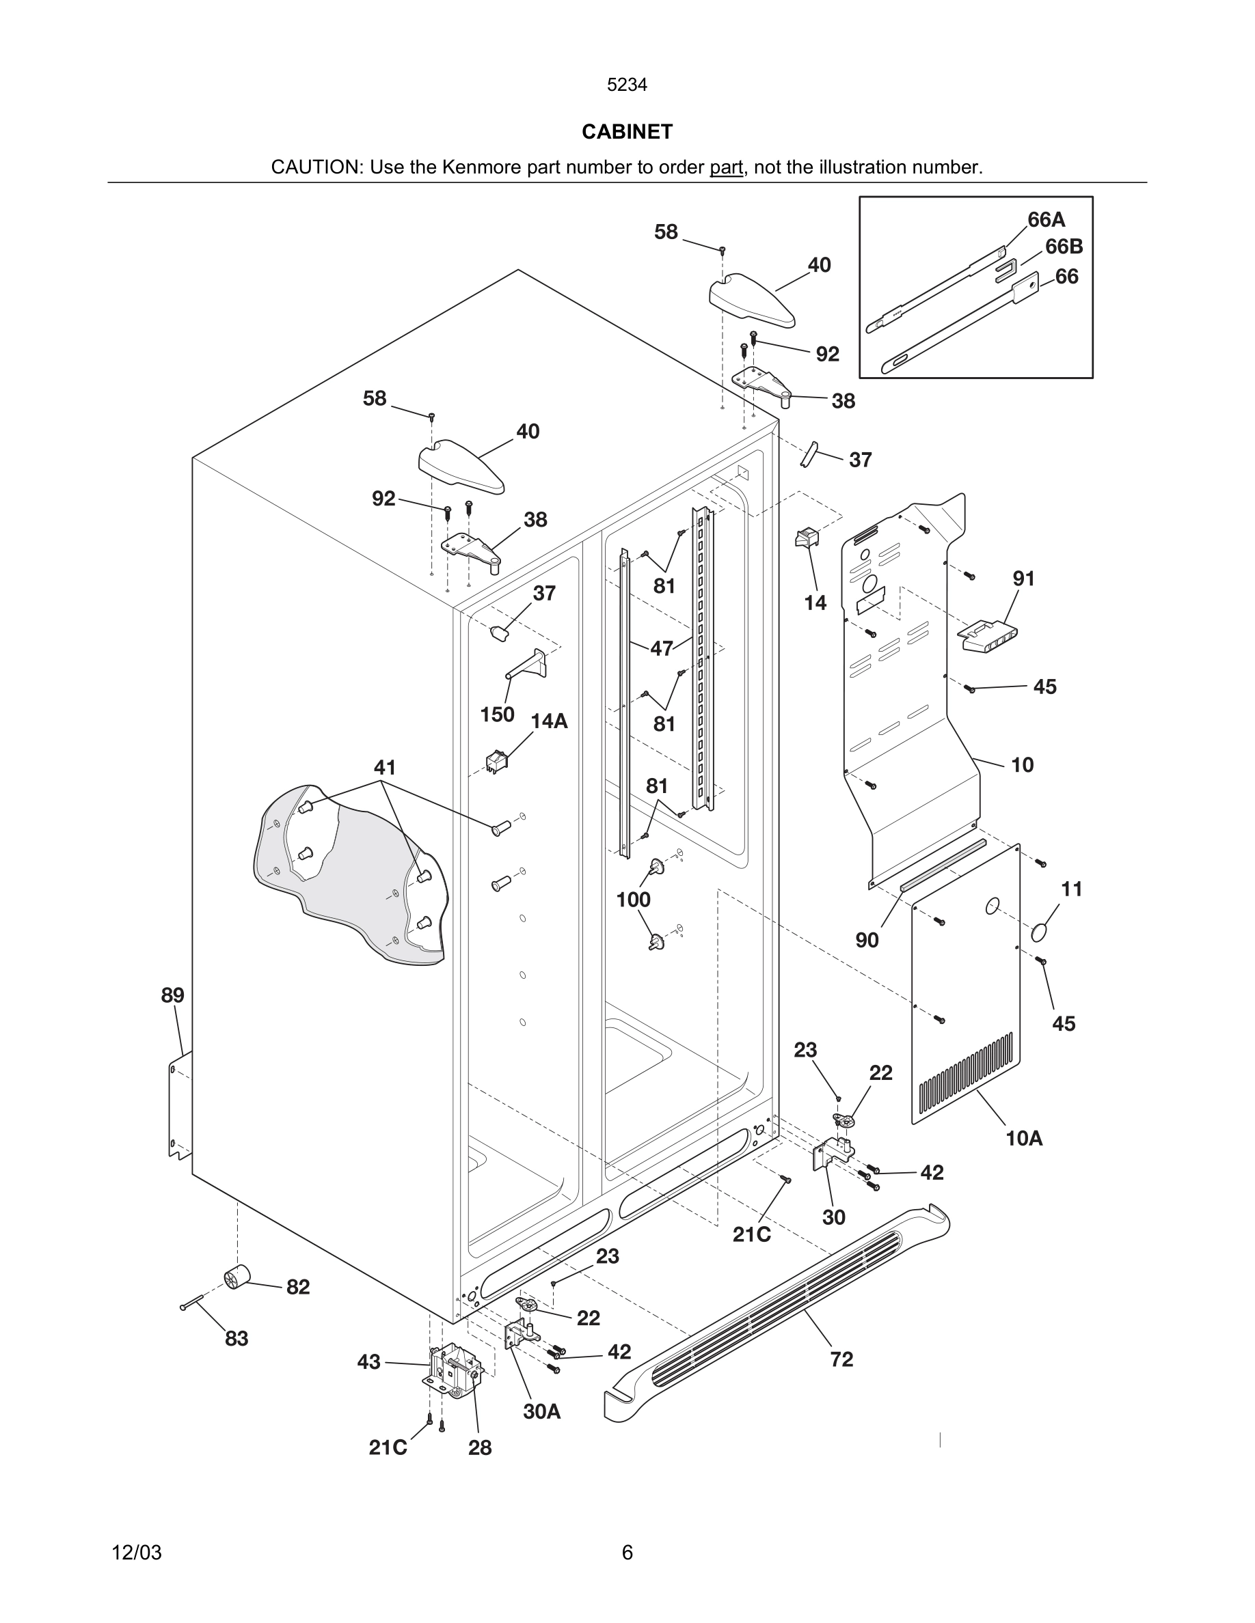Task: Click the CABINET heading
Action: click(x=627, y=132)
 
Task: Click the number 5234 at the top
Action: click(x=627, y=85)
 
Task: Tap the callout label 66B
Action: click(x=1064, y=247)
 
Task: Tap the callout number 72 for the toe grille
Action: click(x=841, y=1359)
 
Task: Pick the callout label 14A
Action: click(x=549, y=721)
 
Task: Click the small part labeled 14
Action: click(x=806, y=538)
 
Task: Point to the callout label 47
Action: click(x=661, y=648)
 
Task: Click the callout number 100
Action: click(x=633, y=899)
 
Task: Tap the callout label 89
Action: click(x=172, y=995)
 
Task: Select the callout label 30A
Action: click(x=541, y=1411)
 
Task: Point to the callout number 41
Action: click(x=384, y=767)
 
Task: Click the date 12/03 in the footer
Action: click(x=136, y=1553)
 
